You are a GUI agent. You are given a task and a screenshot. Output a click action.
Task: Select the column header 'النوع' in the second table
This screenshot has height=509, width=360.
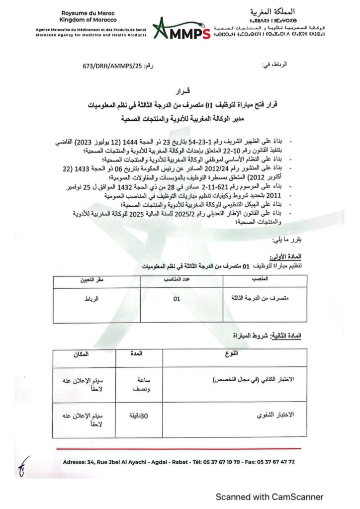[231, 353]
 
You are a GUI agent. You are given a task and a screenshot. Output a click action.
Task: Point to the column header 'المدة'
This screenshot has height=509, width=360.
[136, 353]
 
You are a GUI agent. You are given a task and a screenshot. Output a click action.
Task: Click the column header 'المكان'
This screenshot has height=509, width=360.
[81, 353]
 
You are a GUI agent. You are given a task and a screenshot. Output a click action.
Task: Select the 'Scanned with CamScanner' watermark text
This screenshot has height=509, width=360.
[269, 497]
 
